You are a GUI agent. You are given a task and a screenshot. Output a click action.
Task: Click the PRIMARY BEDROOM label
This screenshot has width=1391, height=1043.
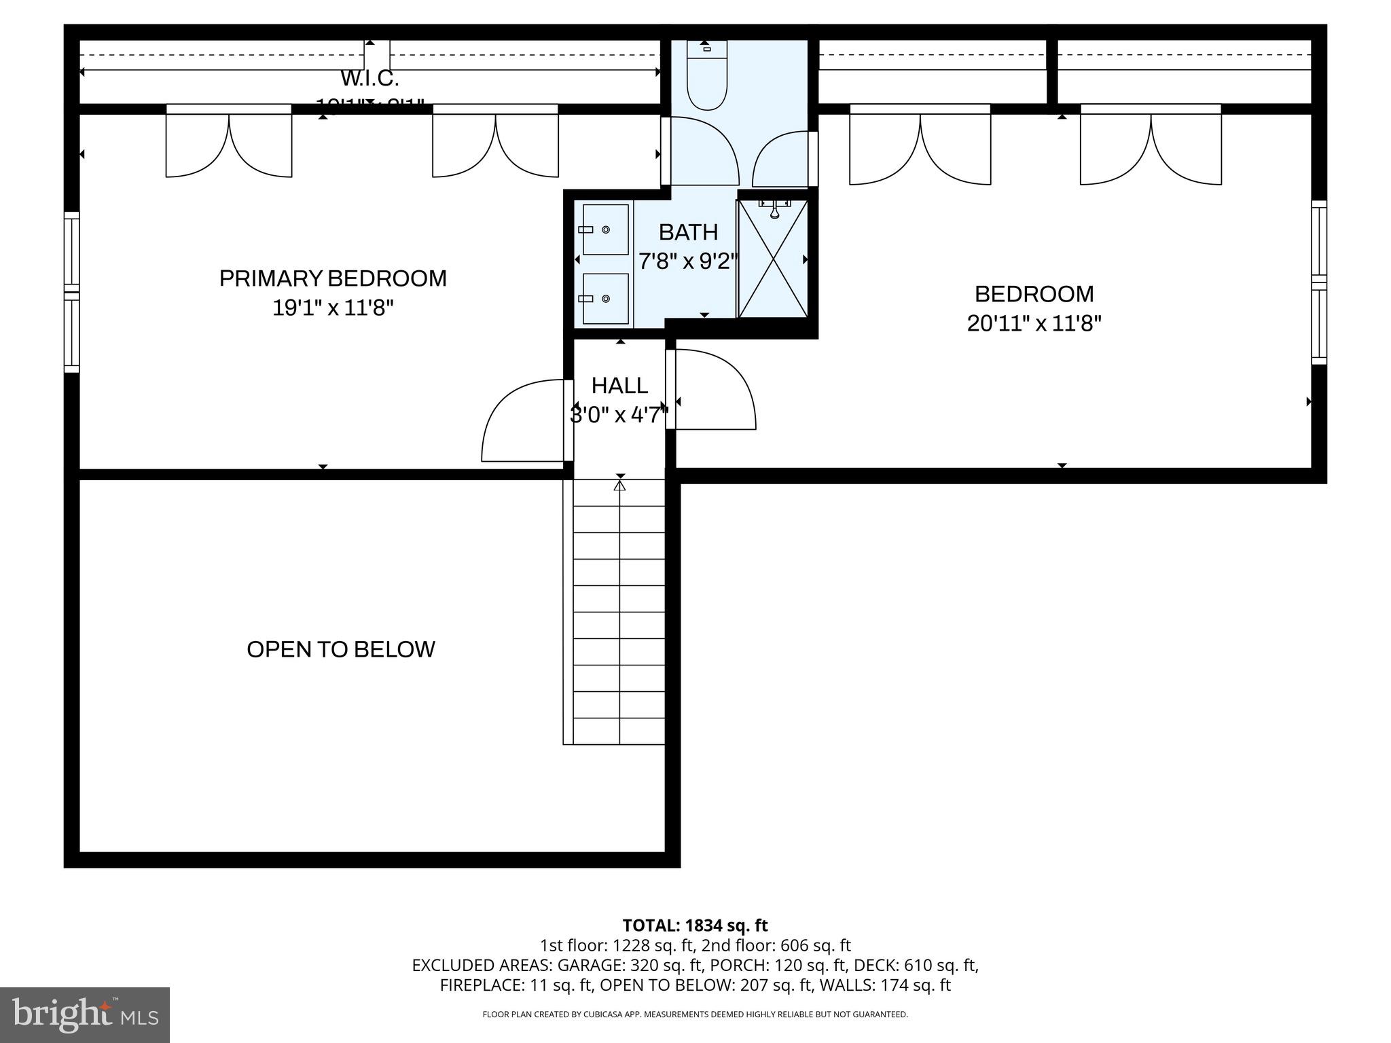tap(333, 278)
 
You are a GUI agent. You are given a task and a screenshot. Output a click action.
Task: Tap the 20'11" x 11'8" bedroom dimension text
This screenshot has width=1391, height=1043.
tap(1034, 323)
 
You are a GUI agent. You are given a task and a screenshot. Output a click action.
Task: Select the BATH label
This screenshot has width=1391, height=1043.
tap(688, 232)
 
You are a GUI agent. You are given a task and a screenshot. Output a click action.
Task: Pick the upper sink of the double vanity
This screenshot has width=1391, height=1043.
tap(605, 230)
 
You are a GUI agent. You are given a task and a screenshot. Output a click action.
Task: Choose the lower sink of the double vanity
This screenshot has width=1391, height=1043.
tap(605, 299)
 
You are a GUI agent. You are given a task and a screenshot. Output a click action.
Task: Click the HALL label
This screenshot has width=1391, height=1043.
tap(619, 386)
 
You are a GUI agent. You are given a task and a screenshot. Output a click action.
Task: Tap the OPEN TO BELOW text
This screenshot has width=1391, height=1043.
tap(340, 649)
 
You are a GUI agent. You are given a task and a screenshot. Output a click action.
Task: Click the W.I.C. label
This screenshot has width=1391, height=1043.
tap(369, 79)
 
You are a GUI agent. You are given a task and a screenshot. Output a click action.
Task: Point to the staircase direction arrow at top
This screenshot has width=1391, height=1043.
tap(619, 486)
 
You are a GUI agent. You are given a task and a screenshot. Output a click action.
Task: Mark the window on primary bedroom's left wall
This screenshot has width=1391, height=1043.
tap(72, 292)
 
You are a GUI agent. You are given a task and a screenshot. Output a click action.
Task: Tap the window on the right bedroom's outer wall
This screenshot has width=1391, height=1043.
tap(1318, 282)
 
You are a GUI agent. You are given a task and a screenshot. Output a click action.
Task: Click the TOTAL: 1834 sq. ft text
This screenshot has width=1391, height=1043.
tap(695, 925)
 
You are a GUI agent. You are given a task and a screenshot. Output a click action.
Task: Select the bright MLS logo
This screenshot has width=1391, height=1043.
tap(85, 1014)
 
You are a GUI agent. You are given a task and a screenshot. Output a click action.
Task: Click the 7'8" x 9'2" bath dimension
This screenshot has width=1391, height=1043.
tap(688, 261)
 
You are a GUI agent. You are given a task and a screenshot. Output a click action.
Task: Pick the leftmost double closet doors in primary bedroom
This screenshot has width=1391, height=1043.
tap(229, 141)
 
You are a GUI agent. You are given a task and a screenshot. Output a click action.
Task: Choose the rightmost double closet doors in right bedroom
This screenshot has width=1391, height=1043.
tap(1151, 145)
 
